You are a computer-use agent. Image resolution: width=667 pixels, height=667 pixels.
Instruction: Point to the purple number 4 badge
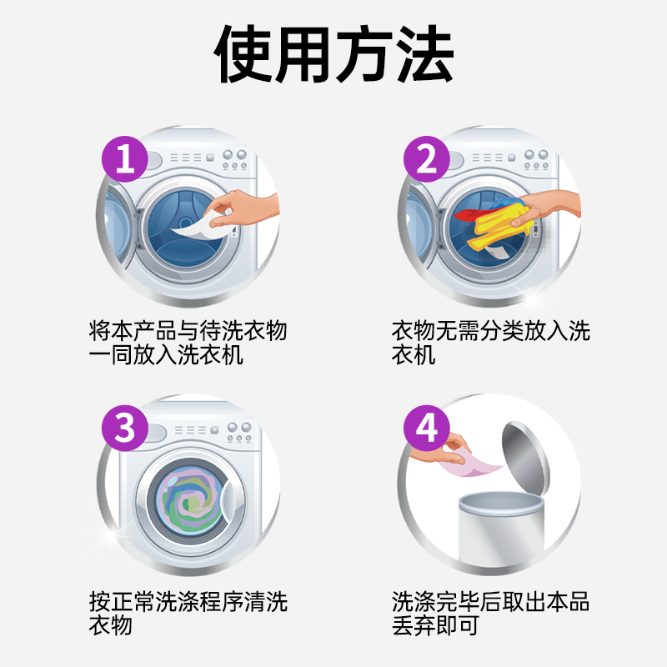point(426,429)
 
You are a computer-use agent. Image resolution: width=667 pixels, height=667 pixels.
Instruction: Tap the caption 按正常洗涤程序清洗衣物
point(188,613)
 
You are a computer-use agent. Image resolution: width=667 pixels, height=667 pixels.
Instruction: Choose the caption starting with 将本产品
point(188,343)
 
